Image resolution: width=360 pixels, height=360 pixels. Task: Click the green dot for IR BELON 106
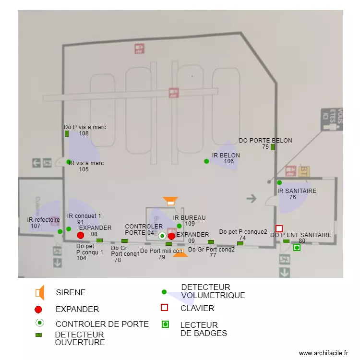206,161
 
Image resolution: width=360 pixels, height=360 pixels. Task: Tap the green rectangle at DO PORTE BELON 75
273,147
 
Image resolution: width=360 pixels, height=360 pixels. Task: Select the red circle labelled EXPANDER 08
81,235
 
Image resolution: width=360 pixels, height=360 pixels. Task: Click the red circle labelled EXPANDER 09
171,236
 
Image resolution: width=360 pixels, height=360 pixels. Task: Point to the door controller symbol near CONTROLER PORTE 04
162,236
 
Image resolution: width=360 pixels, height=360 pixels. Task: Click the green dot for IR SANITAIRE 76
279,182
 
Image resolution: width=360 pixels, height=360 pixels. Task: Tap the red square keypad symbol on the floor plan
279,228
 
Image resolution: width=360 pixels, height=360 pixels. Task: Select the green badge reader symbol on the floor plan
297,248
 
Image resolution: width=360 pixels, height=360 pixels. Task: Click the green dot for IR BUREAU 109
179,226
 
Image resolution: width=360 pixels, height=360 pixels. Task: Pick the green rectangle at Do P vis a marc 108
67,133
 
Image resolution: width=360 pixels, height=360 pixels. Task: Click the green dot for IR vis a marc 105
69,162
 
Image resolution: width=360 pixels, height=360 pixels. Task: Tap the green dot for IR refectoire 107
60,232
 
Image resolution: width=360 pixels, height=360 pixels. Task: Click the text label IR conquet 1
84,216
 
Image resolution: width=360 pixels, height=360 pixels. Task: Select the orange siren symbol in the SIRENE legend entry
40,292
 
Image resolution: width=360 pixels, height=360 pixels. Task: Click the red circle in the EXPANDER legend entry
39,310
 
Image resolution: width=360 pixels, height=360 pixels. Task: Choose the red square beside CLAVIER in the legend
164,308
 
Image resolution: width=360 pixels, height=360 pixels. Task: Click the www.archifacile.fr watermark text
324,353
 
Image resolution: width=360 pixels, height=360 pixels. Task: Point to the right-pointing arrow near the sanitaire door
251,197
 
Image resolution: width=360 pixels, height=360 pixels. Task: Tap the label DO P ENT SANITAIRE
300,235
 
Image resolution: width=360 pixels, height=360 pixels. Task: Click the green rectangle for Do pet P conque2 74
240,243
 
